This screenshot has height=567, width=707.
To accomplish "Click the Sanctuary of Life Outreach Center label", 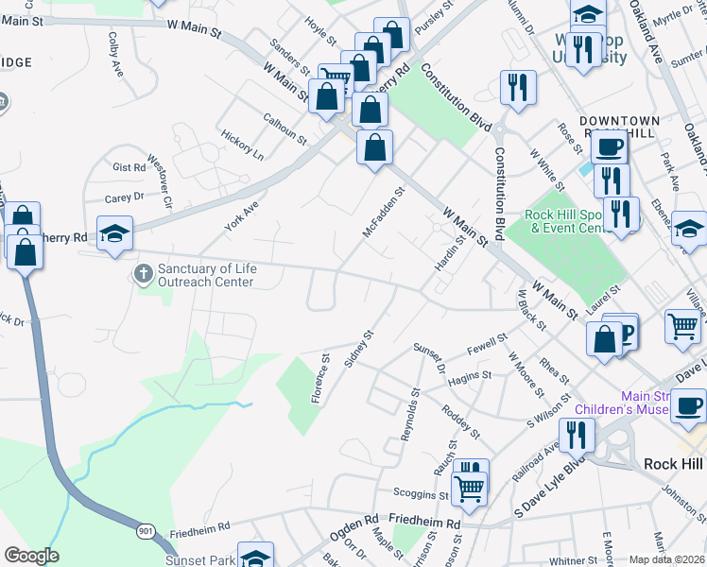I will point(205,275).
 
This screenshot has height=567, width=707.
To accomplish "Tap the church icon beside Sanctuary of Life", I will point(143,275).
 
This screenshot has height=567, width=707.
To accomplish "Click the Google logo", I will point(31,556).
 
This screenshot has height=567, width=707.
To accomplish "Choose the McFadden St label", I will point(383,214).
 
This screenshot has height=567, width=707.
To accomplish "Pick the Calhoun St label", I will point(285,129).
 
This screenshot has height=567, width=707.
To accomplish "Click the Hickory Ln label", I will point(243,143).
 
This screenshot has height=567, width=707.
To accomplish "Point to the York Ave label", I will point(241,216).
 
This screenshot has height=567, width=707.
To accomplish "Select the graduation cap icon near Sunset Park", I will point(254,556).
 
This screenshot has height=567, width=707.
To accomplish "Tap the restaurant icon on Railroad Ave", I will point(576,435).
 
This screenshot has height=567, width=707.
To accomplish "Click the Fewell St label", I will point(486,345).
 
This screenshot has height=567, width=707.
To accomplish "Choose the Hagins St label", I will point(470,376).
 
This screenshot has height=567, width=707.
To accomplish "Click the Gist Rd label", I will point(129,167).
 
